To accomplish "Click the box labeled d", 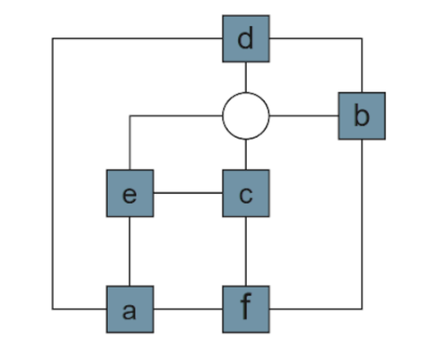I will pos(246,39).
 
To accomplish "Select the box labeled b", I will pos(362,116).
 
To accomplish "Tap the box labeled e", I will pos(130,193).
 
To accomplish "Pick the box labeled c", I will pos(246,193).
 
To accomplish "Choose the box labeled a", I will pos(130,309).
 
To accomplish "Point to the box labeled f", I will pos(246,309).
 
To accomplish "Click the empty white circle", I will pos(246,116).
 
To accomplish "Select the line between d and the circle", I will pos(246,77).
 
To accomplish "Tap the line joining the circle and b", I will pos(304,116).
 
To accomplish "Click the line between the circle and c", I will pos(246,154).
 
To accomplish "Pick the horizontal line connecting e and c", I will pos(188,193).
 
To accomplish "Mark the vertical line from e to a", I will pos(130,251).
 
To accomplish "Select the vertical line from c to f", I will pos(246,251).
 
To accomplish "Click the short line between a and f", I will pos(188,309).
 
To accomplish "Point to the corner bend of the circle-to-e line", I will pos(130,116).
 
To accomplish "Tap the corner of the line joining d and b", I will pos(362,38).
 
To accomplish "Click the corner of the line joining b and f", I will pos(362,309).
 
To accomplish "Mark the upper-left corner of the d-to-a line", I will pos(53,38).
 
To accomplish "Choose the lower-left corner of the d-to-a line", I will pos(53,309).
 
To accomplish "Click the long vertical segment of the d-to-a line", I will pos(53,174).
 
